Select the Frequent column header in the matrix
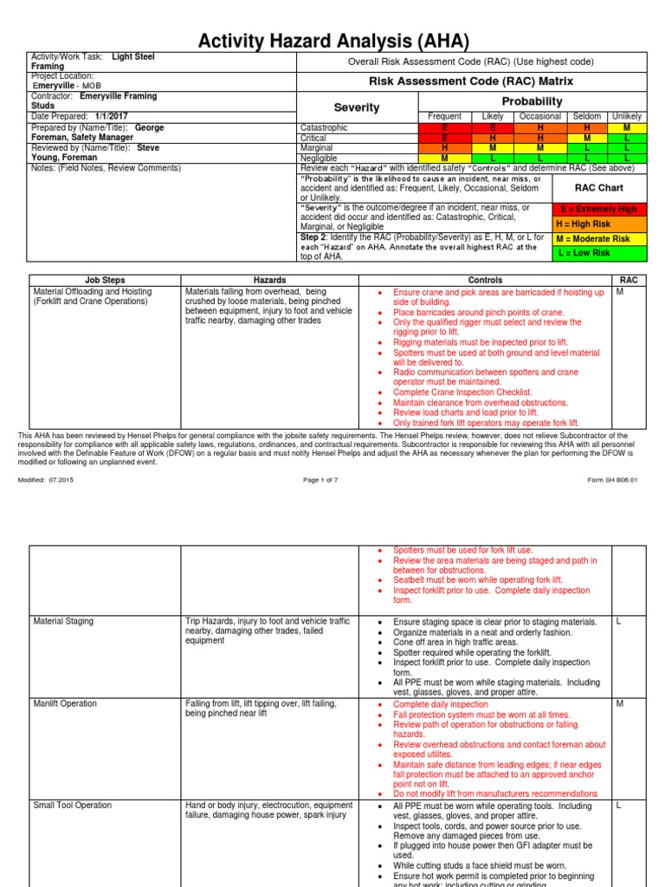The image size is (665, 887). pos(445,116)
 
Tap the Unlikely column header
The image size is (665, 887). pos(627,116)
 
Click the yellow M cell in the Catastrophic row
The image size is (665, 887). pos(627,127)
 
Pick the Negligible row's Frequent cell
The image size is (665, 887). pos(445,159)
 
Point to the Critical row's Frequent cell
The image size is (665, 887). pos(445,138)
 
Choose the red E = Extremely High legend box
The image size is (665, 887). pos(599,210)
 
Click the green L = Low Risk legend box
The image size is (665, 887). pos(599,253)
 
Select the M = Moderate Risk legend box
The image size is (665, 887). pos(599,238)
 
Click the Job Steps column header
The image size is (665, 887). pos(105,280)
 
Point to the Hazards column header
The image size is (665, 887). pos(268,280)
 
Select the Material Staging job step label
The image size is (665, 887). pos(63,622)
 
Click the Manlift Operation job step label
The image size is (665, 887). pos(65,703)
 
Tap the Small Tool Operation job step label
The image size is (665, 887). pos(72,805)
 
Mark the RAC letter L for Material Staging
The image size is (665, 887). pos(619,622)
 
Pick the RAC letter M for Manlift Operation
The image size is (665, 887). pos(620,703)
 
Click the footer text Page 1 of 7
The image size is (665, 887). pos(325,480)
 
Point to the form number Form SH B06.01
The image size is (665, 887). pos(612,480)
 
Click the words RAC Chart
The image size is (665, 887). pos(599,186)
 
